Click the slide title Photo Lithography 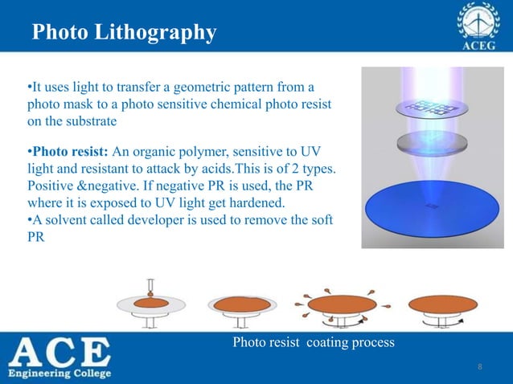(x=124, y=33)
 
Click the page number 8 (x=479, y=367)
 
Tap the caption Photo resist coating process (x=313, y=343)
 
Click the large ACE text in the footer (x=60, y=352)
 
